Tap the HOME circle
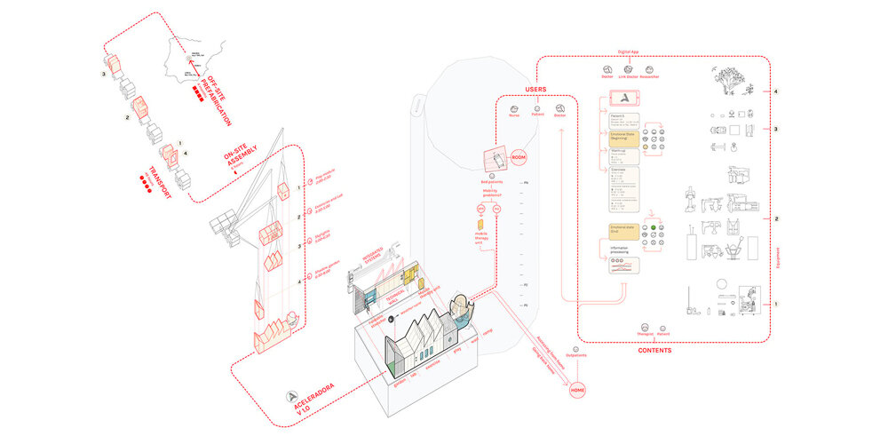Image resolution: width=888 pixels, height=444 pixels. (x=577, y=390)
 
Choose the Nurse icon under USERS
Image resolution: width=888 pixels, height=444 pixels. (x=514, y=108)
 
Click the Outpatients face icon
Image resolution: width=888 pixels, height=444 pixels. (x=577, y=348)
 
